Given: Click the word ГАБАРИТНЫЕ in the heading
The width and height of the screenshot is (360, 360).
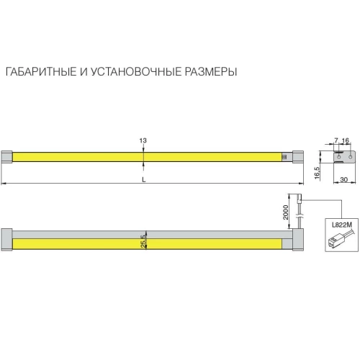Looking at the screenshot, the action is [x=41, y=72].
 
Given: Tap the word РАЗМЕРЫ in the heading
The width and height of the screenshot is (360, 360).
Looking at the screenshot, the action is [x=211, y=72].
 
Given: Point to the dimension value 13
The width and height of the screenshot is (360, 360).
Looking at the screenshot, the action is [x=143, y=140].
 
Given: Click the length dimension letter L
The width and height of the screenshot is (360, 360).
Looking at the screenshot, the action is [x=144, y=179].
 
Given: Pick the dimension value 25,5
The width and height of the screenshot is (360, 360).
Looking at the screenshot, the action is [x=143, y=241].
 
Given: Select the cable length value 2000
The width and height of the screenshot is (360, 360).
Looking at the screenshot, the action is [x=285, y=212].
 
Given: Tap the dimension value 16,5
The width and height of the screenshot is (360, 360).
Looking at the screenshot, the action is [x=317, y=173].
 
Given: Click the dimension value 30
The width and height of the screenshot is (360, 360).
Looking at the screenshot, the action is [x=344, y=179].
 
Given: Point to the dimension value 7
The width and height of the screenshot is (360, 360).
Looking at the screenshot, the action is [x=336, y=140].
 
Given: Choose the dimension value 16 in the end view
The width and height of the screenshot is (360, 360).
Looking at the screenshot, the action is [x=346, y=140].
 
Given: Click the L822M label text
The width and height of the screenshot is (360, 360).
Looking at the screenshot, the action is [x=342, y=225].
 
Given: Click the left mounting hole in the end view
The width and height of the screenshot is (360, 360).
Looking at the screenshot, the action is [x=339, y=157].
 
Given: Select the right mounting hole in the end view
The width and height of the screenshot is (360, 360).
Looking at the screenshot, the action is [x=351, y=157].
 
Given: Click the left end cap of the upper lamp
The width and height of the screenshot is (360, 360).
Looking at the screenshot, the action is [x=6, y=157].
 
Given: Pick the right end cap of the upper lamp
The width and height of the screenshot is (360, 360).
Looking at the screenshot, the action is [x=298, y=157].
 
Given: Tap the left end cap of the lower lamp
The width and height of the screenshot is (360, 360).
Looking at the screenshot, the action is [x=6, y=240].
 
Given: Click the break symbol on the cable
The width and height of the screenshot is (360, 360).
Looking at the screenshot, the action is [x=300, y=217].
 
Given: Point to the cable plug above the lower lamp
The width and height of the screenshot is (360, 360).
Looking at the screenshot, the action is [x=300, y=199].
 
